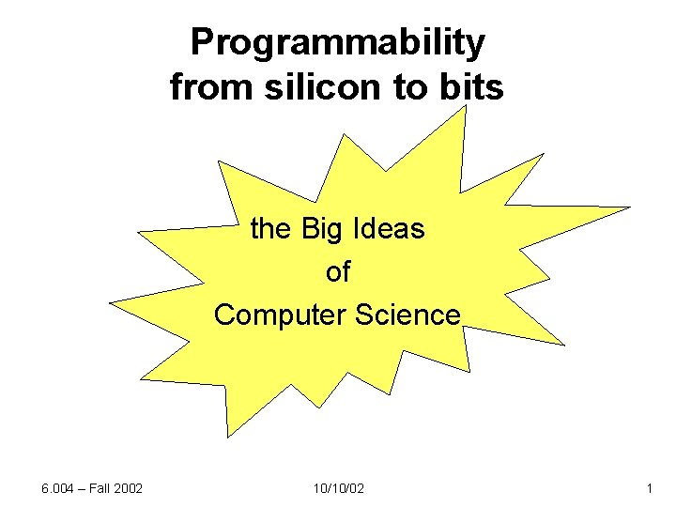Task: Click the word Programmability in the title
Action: tap(338, 42)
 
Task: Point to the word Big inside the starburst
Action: tap(322, 228)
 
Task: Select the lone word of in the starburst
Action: tap(337, 271)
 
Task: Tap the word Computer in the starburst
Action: tap(281, 315)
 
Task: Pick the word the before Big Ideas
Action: tap(271, 228)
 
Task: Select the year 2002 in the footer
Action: tap(126, 489)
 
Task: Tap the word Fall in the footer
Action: tap(98, 489)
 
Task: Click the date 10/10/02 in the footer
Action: tap(337, 489)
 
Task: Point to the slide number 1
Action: tap(649, 489)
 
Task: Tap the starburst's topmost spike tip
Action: tap(466, 106)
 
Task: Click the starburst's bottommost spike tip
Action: tap(228, 437)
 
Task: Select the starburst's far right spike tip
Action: tap(630, 207)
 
